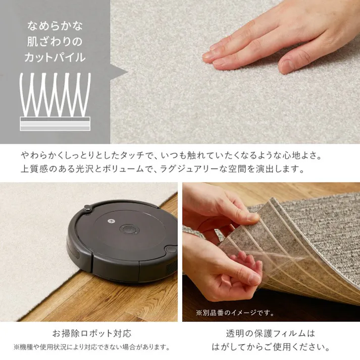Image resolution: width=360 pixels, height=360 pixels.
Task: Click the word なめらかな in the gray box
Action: coord(55,25)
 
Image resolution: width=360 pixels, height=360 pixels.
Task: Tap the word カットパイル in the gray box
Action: coord(55,57)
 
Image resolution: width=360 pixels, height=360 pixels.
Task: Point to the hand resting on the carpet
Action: coord(283,38)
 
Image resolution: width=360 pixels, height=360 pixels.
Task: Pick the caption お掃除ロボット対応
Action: coord(91,333)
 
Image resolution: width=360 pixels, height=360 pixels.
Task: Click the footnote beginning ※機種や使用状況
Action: coord(91,347)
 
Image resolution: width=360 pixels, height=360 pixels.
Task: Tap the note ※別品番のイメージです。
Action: coord(235,313)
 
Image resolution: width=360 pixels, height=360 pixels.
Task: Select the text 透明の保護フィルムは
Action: coord(270,333)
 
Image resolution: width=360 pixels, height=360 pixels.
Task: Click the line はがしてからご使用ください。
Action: coord(270,347)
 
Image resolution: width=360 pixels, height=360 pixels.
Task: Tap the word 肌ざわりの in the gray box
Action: coord(55,41)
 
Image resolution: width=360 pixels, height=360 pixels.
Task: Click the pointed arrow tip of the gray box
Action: coord(126,75)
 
